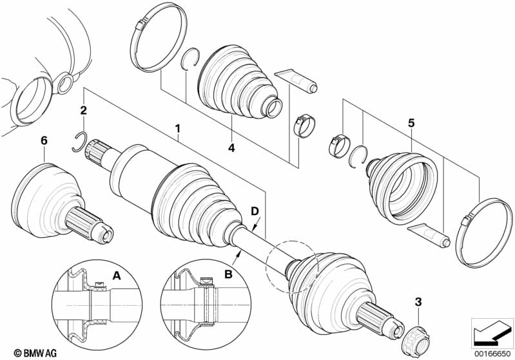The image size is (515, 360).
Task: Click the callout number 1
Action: click(x=177, y=129)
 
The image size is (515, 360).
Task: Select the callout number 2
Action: click(x=83, y=111)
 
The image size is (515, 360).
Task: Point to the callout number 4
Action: click(x=231, y=148)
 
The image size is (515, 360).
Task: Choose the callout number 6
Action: click(x=43, y=140)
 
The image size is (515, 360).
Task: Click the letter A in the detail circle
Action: click(x=117, y=276)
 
